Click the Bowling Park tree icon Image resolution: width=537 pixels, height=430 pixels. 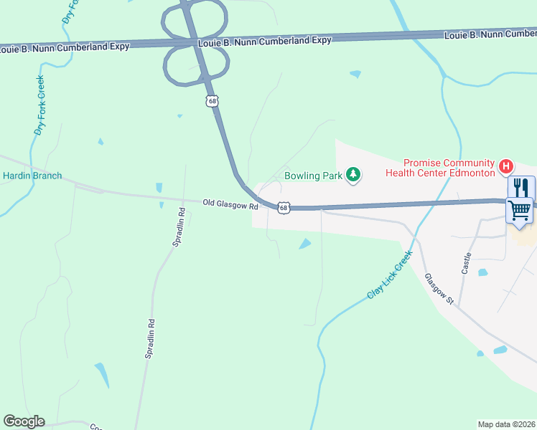[352, 175]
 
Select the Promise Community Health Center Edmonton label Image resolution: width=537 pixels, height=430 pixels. [440, 168]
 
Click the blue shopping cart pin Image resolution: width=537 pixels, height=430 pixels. [520, 211]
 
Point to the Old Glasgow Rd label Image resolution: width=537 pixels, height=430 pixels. [230, 205]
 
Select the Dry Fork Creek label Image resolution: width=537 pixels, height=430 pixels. [40, 105]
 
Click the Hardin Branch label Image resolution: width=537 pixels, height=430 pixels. [32, 176]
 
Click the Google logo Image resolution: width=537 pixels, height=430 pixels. [24, 421]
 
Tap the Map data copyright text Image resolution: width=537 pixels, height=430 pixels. [507, 424]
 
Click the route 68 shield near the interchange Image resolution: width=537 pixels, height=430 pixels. [212, 101]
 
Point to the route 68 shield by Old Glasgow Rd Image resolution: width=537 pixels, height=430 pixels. [284, 208]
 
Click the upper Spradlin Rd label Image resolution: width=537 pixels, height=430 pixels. [178, 227]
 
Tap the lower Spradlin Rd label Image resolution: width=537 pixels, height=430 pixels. [151, 339]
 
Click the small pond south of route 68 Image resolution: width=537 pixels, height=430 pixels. [305, 244]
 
